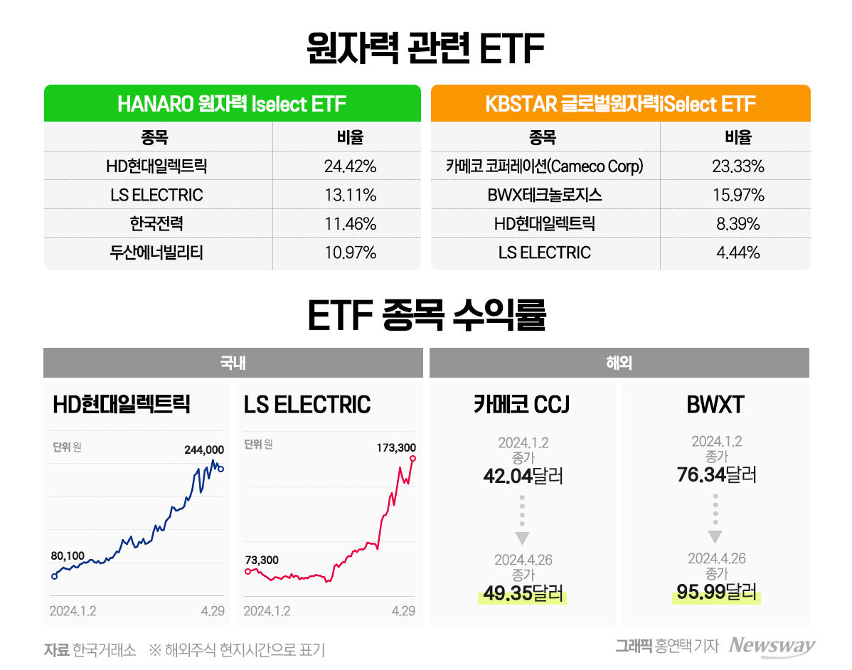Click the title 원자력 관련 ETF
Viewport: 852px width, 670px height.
point(425,49)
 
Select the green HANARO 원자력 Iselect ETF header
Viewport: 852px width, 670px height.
point(232,104)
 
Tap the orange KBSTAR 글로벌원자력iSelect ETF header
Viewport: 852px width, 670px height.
point(620,104)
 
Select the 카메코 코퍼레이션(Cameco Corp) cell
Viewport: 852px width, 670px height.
point(544,166)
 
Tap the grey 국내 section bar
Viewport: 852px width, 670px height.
point(233,363)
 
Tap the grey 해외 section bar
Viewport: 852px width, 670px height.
point(619,363)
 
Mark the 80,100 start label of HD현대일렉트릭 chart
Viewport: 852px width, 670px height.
point(68,555)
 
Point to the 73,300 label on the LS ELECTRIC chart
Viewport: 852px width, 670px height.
point(261,560)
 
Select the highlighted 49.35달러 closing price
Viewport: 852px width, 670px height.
point(523,593)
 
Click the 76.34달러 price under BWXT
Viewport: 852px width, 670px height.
point(716,474)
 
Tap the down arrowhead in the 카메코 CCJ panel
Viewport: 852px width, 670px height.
point(523,537)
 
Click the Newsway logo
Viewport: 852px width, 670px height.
point(772,646)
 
